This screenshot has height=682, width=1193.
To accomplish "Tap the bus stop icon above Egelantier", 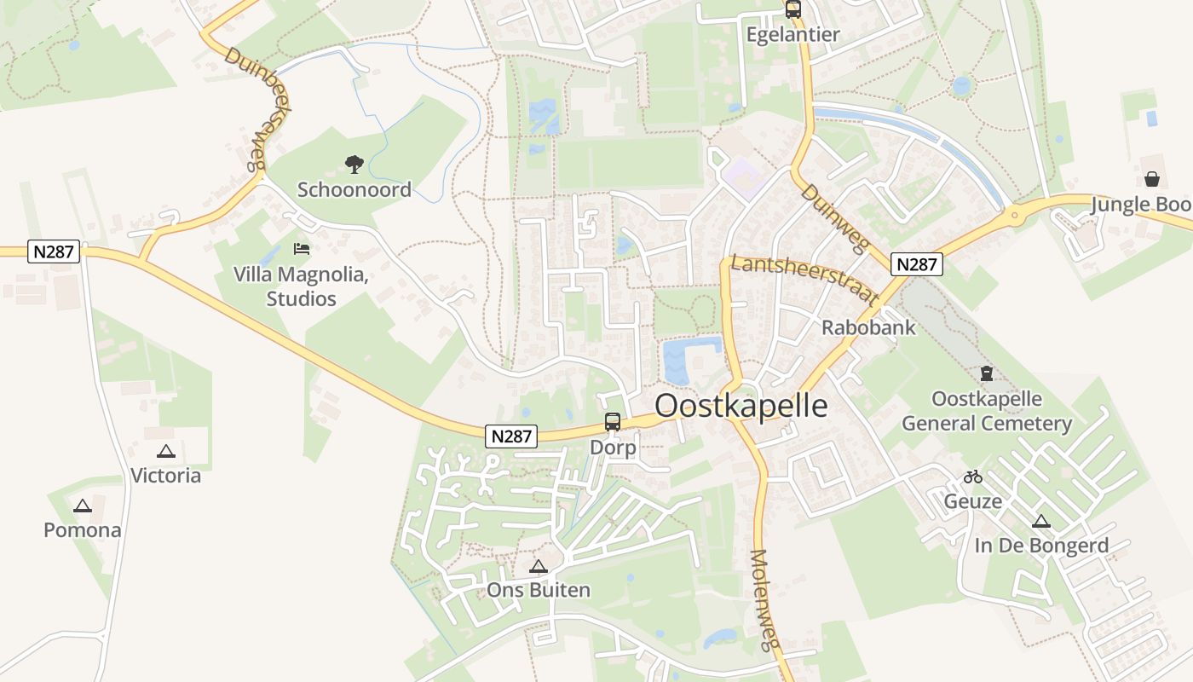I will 793,9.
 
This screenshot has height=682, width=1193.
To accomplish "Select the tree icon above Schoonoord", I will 354,164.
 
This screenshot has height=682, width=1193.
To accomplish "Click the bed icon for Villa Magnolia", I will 301,249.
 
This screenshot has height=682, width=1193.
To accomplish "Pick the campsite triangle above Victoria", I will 166,451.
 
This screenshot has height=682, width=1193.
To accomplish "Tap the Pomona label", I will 83,530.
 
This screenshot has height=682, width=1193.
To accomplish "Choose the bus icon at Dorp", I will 612,421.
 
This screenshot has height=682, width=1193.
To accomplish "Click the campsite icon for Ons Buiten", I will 538,566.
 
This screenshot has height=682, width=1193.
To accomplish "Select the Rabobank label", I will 868,327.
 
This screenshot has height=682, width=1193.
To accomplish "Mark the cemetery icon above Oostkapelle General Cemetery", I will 986,373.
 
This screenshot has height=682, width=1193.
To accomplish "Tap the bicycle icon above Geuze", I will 972,477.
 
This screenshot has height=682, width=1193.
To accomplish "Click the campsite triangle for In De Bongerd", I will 1040,521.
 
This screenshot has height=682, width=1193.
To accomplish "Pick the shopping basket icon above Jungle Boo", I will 1151,179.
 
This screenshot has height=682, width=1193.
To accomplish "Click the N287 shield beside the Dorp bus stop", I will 512,436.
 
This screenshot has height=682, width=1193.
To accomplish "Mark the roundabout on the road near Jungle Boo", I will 1014,215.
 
